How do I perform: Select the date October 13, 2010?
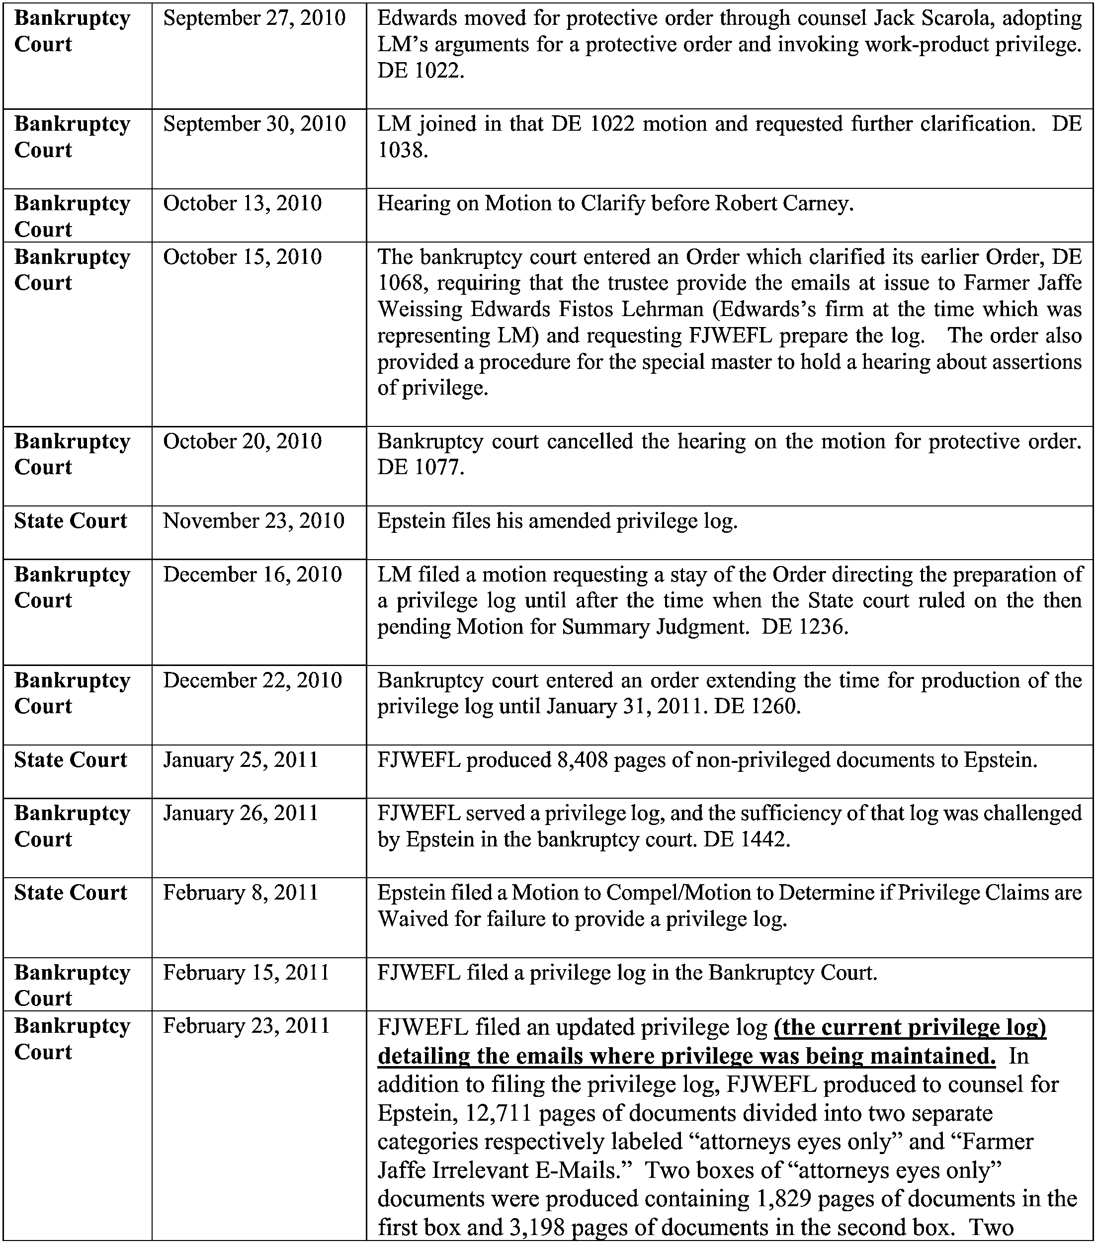(242, 203)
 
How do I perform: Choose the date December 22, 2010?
(253, 680)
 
